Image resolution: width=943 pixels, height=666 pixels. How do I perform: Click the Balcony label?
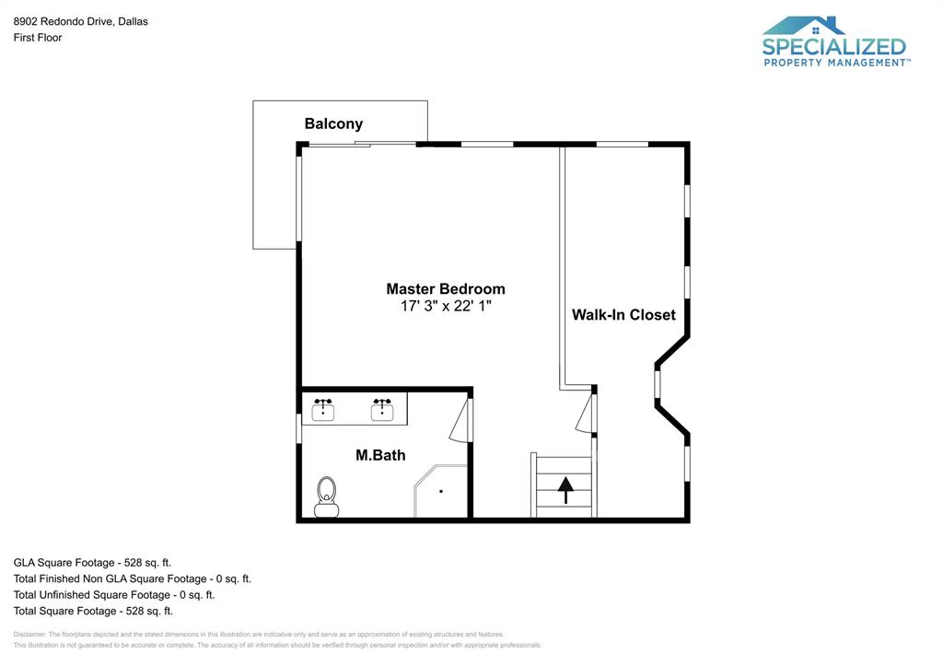pos(333,123)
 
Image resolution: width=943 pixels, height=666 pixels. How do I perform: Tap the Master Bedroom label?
pos(445,288)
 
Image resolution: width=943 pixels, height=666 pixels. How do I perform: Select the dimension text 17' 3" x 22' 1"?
pos(445,307)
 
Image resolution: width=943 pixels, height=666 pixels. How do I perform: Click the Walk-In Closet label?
pos(623,314)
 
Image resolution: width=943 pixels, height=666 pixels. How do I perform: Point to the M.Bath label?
pos(380,455)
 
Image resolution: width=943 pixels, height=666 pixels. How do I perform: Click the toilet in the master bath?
pos(326,497)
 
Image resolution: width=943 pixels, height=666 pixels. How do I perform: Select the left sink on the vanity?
pos(323,410)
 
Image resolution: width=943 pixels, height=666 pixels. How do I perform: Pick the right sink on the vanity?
pos(382,410)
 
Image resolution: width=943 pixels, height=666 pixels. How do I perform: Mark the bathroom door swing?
pos(460,423)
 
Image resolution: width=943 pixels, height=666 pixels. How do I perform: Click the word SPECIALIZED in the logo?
pos(833,46)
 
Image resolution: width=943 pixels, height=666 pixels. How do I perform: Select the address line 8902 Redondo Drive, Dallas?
pos(80,21)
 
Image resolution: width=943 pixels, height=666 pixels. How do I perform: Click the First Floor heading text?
pos(38,38)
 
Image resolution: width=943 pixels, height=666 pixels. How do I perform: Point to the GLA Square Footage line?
pos(92,562)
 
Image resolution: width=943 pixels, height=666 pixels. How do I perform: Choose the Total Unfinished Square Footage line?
pos(113,594)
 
